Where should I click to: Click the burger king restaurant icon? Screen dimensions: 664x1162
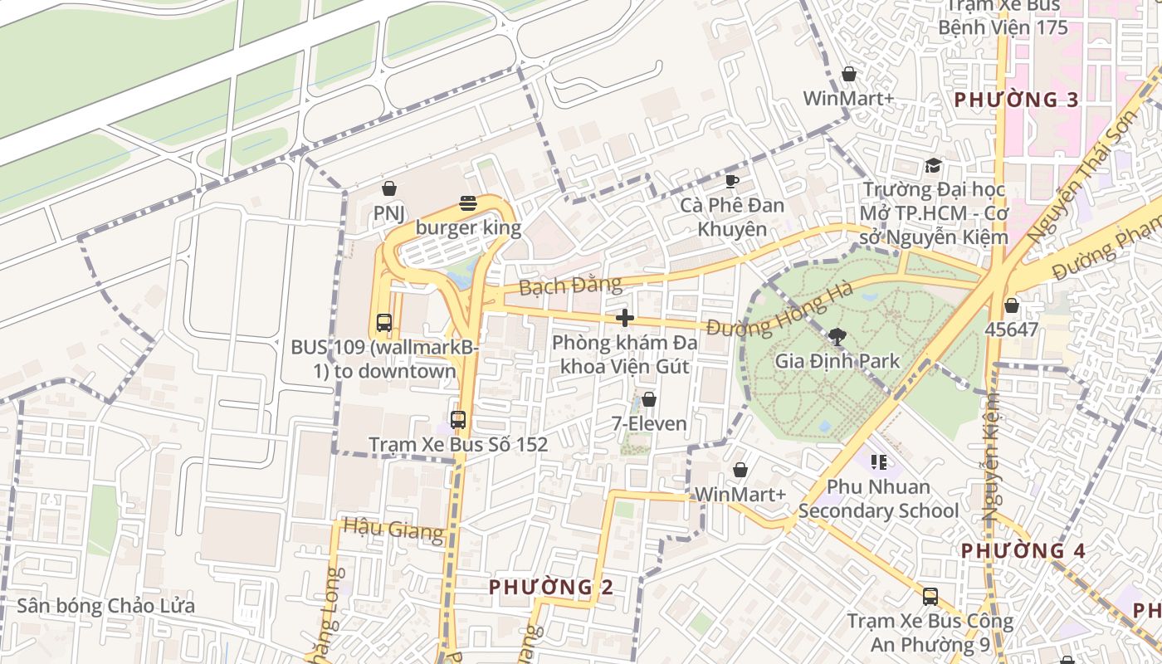tap(468, 203)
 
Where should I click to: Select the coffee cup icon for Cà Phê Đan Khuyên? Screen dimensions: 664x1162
tap(731, 181)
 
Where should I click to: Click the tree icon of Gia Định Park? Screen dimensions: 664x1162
tap(837, 336)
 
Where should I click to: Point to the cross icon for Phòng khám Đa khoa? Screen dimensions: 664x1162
tap(625, 318)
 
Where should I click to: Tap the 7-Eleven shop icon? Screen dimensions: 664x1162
tap(649, 400)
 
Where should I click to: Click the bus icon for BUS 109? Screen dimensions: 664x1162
tap(383, 323)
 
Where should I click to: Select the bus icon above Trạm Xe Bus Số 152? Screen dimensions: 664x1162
tap(457, 420)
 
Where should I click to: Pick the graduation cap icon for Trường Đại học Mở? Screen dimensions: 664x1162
tap(933, 166)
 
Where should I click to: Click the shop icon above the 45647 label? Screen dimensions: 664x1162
tap(1011, 305)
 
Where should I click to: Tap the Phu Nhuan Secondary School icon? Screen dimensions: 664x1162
tap(879, 461)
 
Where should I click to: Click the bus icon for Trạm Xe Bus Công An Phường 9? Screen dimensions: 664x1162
tap(930, 596)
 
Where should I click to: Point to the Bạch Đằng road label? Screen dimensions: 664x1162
tap(570, 286)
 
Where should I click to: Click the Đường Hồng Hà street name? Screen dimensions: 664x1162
tap(781, 311)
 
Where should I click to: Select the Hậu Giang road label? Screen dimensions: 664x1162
tap(393, 528)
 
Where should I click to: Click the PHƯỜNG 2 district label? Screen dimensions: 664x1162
tap(550, 588)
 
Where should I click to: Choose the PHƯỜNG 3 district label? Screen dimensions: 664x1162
tap(1016, 100)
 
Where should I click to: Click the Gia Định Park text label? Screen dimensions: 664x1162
tap(837, 361)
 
